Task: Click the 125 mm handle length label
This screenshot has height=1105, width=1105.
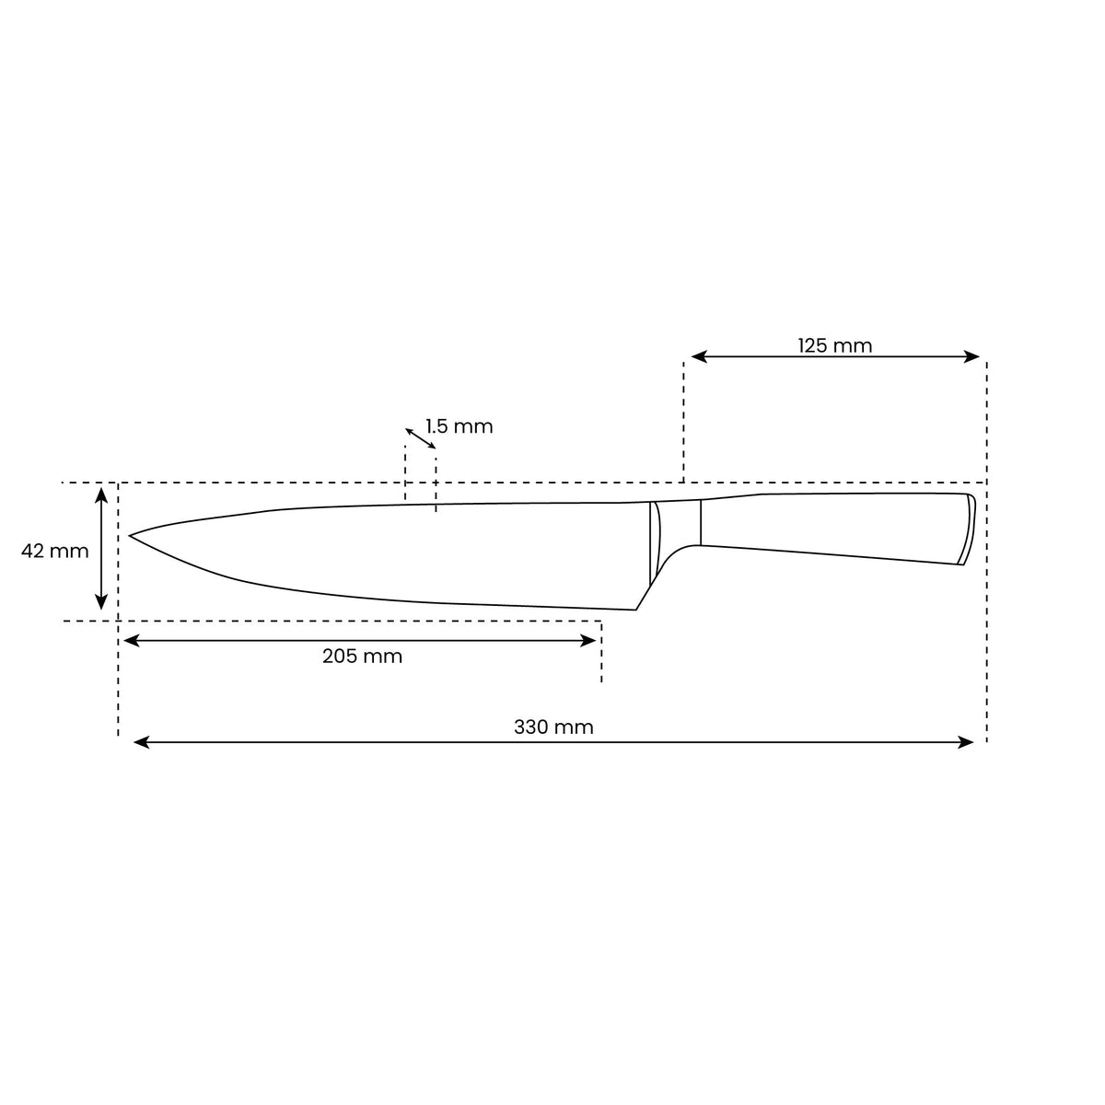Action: pyautogui.click(x=834, y=345)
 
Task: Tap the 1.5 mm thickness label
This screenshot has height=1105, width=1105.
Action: pyautogui.click(x=459, y=426)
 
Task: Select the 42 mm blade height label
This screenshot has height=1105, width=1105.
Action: pyautogui.click(x=55, y=551)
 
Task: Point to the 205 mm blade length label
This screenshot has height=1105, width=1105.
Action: pyautogui.click(x=362, y=657)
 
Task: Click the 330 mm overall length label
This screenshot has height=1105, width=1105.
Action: pyautogui.click(x=553, y=727)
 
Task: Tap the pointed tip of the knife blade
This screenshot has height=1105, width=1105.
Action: pyautogui.click(x=131, y=535)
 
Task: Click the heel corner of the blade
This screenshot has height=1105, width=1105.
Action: pyautogui.click(x=636, y=609)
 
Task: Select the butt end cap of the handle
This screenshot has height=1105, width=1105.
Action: pyautogui.click(x=967, y=529)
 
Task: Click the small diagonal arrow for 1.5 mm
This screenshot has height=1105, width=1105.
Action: pyautogui.click(x=421, y=438)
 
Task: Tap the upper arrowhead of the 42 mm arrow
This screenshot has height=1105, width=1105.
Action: pyautogui.click(x=102, y=495)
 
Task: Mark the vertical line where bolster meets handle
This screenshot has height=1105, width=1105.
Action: pyautogui.click(x=701, y=523)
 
